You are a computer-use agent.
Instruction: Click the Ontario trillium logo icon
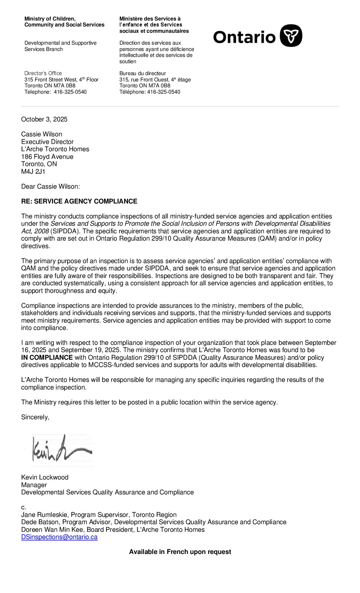click(x=291, y=36)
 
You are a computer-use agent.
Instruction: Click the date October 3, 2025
click(x=44, y=119)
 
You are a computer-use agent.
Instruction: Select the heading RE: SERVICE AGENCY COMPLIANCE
click(x=79, y=202)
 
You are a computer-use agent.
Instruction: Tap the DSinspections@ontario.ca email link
click(x=59, y=537)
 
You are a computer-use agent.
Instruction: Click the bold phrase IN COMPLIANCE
click(x=47, y=358)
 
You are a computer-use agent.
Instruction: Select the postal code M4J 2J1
click(x=33, y=172)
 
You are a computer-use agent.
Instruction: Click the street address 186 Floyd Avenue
click(x=47, y=157)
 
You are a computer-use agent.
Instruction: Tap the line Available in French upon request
click(x=180, y=552)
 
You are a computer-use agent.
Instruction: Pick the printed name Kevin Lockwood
click(x=45, y=478)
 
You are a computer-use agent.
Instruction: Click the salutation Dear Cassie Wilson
click(x=50, y=187)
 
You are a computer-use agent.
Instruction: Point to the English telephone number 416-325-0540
click(x=70, y=92)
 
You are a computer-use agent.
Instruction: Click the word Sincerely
click(x=35, y=417)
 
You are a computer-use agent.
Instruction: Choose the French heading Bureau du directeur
click(x=143, y=73)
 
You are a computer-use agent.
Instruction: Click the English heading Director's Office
click(x=43, y=73)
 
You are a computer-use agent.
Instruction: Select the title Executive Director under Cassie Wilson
click(x=47, y=142)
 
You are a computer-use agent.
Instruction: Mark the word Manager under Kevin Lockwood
click(x=34, y=485)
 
